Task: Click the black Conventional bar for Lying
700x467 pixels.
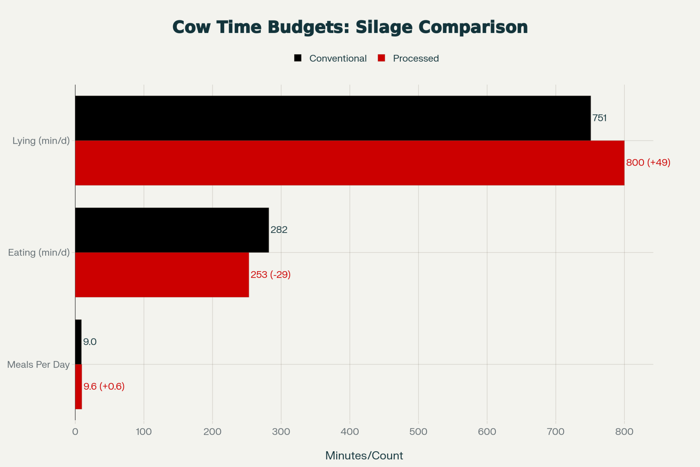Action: [x=332, y=118]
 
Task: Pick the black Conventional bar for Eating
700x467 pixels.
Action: [x=172, y=230]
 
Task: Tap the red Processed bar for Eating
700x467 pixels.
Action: [x=162, y=275]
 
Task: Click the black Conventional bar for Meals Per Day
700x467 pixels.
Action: [x=78, y=342]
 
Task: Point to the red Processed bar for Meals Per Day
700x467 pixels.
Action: [x=79, y=386]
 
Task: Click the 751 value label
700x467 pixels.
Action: [x=600, y=118]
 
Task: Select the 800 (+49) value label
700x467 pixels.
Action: [x=648, y=163]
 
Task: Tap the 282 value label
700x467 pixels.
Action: [x=279, y=230]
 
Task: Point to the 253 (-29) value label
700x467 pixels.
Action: [x=271, y=275]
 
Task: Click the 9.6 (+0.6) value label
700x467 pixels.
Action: [x=104, y=386]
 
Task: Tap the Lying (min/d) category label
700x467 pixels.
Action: [x=41, y=141]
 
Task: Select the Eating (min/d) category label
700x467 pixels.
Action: [x=39, y=253]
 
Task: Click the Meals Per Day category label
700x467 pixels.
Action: [x=38, y=365]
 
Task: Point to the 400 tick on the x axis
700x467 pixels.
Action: [x=350, y=432]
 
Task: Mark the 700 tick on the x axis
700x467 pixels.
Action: [x=556, y=432]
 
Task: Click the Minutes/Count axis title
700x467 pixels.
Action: [x=364, y=455]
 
